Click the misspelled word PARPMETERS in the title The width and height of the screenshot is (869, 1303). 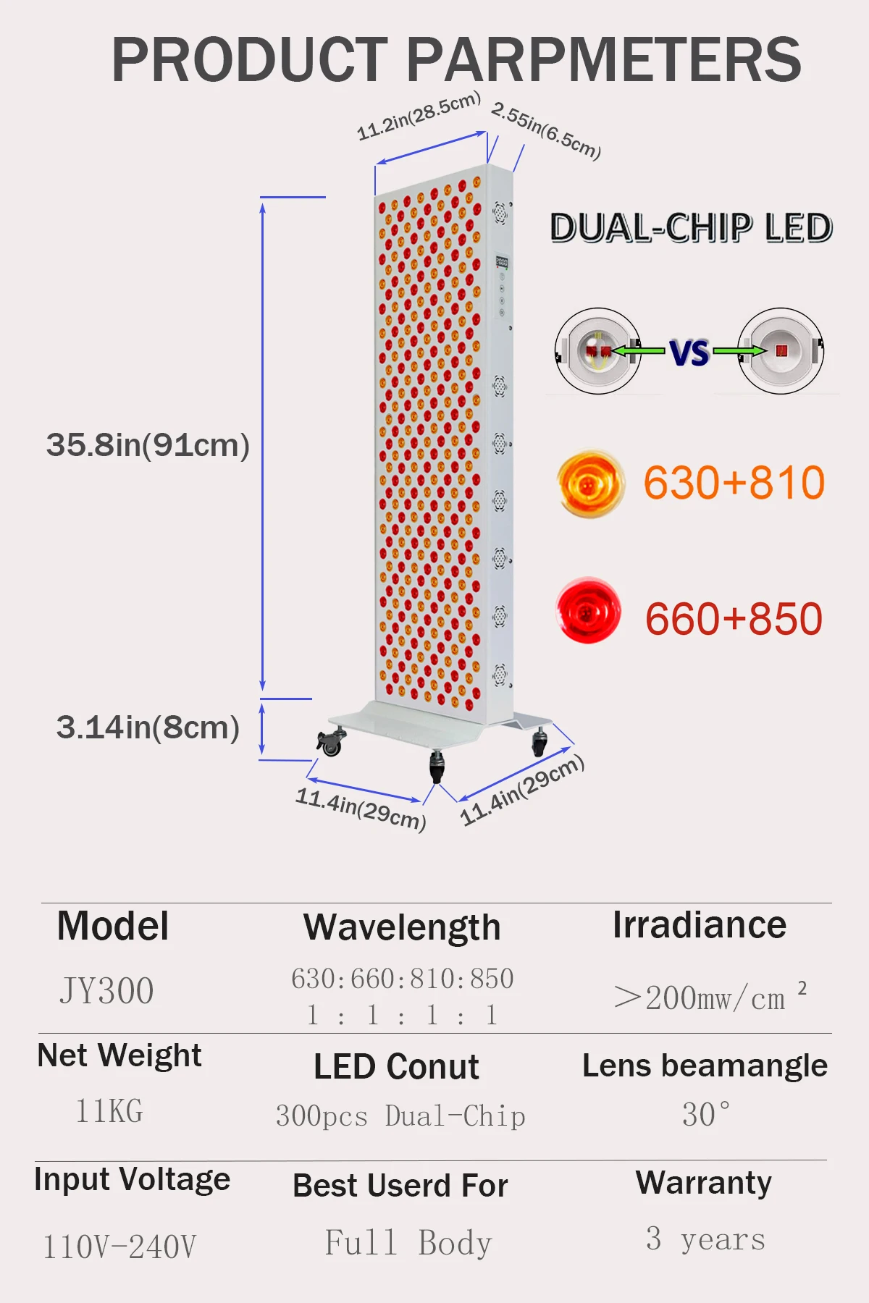pos(604,59)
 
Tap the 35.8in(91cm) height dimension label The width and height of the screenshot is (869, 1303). pos(148,445)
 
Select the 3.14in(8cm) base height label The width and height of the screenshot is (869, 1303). pos(148,728)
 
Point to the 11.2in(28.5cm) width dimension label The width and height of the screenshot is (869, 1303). pos(419,115)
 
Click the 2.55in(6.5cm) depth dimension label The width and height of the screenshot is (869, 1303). pos(546,130)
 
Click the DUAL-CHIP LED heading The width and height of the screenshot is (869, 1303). pos(691,228)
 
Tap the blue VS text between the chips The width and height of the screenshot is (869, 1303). pos(689,353)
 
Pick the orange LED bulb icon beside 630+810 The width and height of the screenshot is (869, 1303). pos(590,483)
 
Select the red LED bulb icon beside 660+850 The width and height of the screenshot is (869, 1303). pos(589,610)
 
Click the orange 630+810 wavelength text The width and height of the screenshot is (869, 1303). pos(734,483)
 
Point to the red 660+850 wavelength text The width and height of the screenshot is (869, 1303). pos(734,619)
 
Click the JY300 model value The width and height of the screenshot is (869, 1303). pos(106,991)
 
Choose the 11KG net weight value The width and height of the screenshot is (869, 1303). pos(109,1110)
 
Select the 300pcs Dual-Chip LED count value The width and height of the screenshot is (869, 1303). pos(400,1116)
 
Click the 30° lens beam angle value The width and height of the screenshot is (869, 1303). pos(706,1114)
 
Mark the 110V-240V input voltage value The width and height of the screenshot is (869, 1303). pos(119,1247)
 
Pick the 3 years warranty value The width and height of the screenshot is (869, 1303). pos(705,1239)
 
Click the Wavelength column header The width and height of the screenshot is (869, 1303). pos(402,927)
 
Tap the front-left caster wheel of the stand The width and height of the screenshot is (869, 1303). pos(330,743)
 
